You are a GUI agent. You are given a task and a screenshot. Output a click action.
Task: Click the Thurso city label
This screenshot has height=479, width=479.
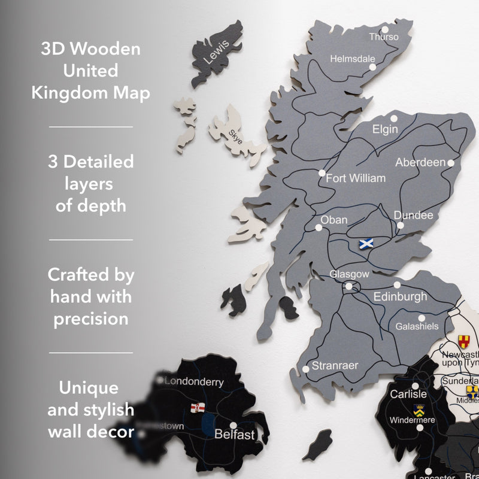(x=384, y=37)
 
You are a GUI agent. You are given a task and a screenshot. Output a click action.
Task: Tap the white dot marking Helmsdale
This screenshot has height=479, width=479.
(x=372, y=67)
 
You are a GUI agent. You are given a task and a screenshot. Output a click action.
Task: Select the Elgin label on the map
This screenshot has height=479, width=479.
(x=385, y=129)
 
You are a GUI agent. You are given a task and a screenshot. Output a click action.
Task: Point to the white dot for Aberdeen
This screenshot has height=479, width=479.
(x=451, y=162)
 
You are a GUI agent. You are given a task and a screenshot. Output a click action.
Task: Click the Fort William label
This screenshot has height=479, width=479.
(x=356, y=178)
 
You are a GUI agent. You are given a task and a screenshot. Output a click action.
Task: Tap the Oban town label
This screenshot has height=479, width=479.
(x=334, y=220)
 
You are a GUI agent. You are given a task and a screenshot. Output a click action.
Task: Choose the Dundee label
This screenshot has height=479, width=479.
(x=413, y=215)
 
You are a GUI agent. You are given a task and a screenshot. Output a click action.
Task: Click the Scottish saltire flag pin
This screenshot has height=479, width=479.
(x=365, y=243)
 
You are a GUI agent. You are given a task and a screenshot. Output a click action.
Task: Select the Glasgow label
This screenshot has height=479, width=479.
(x=350, y=274)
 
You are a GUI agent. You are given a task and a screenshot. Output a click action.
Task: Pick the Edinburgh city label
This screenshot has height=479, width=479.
(x=401, y=296)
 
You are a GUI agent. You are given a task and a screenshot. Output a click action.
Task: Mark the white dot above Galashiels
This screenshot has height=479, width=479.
(x=422, y=319)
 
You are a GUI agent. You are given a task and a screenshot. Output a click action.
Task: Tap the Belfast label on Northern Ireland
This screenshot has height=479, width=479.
(x=235, y=434)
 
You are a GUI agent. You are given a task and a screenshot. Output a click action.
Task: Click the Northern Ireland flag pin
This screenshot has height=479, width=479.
(x=197, y=408)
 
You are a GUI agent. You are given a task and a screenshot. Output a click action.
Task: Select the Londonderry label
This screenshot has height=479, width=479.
(x=193, y=381)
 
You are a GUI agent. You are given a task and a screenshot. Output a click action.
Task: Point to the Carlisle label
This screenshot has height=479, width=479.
(x=408, y=394)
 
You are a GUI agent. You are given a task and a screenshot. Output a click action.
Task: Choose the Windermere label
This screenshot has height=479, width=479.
(x=412, y=420)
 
